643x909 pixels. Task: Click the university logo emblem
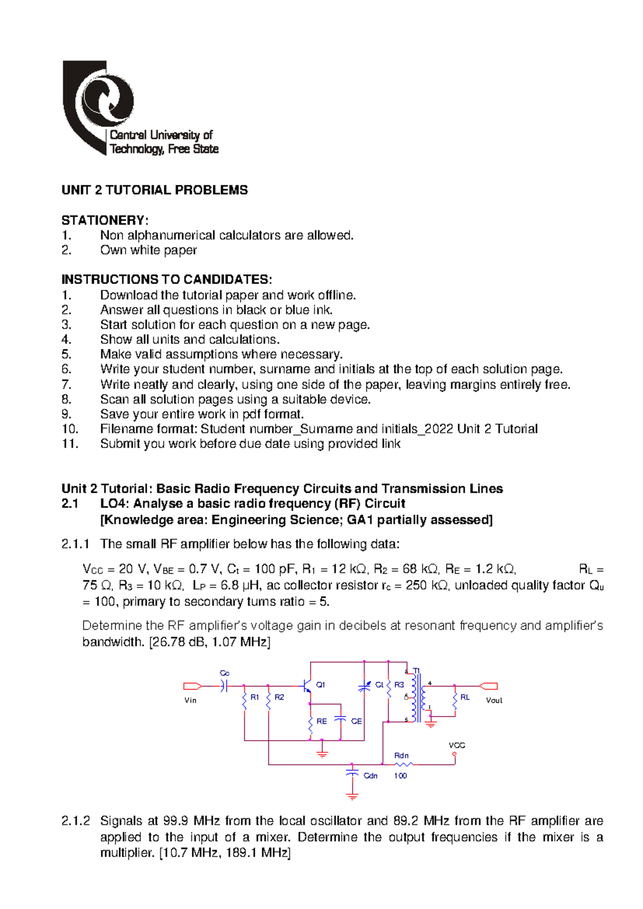point(99,105)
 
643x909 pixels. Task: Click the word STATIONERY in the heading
point(103,220)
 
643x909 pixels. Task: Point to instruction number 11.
point(70,444)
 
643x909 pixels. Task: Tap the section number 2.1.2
point(76,821)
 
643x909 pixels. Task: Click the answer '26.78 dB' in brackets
point(179,642)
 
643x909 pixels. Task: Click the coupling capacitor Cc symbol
point(225,686)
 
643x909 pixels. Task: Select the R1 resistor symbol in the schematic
point(244,701)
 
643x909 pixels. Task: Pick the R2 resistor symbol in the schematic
point(268,701)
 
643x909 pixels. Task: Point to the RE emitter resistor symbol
point(310,724)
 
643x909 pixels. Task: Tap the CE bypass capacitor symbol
point(340,720)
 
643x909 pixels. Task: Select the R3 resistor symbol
point(389,688)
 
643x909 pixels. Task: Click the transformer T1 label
point(416,670)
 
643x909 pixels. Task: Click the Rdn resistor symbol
point(403,764)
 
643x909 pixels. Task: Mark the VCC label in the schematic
point(457,746)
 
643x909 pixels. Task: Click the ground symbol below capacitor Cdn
point(352,796)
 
